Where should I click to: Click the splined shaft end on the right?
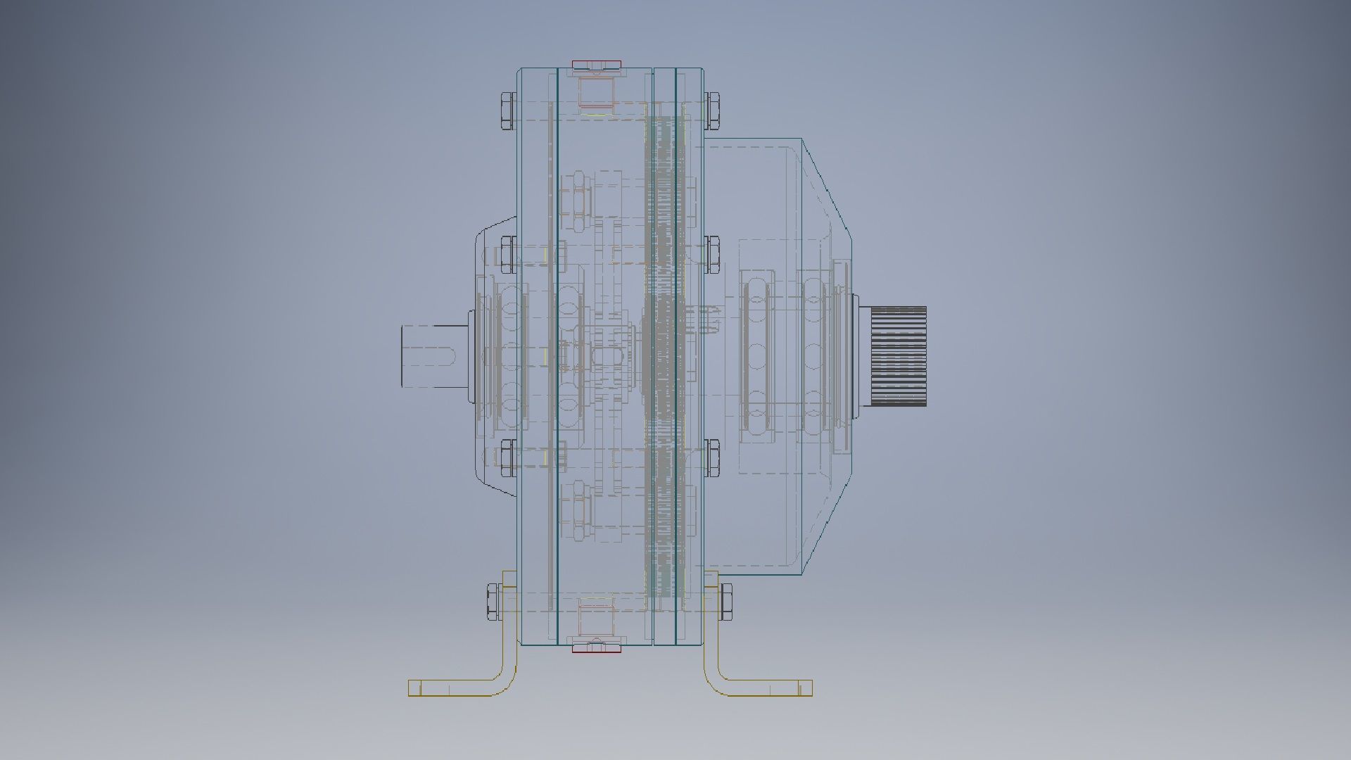[899, 356]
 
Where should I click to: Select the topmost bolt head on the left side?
[507, 110]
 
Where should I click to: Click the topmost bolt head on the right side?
[712, 110]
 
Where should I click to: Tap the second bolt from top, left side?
[507, 255]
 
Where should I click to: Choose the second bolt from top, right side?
[712, 255]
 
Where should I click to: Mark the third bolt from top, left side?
[507, 457]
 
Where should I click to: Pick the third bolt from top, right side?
[712, 457]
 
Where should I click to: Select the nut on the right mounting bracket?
[725, 602]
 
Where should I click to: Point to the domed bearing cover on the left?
[493, 359]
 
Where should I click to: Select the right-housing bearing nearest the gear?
[756, 356]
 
